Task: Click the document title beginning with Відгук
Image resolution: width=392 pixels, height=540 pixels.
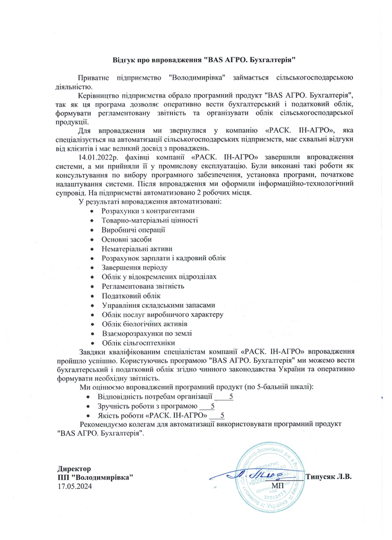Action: coord(196,59)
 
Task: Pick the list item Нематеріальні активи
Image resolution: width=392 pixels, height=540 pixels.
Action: coord(137,248)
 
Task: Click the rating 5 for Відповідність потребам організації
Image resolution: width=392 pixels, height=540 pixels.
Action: coord(231,396)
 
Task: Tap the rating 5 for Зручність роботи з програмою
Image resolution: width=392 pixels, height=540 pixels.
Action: coord(213,406)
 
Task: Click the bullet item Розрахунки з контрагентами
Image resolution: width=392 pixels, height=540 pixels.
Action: coord(148,211)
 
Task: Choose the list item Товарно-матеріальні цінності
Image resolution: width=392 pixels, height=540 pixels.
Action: coord(150,220)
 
